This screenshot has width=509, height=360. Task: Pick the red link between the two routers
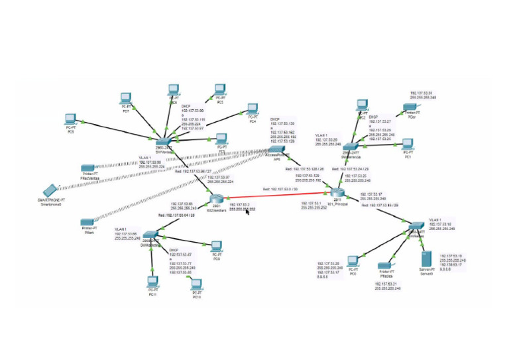278,192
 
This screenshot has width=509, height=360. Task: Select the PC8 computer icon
70,120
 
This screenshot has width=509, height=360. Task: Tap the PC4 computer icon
251,109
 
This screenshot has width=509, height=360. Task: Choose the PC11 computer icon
154,282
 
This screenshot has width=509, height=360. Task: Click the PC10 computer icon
196,286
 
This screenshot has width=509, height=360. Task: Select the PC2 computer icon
361,105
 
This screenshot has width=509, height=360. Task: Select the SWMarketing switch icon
151,236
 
